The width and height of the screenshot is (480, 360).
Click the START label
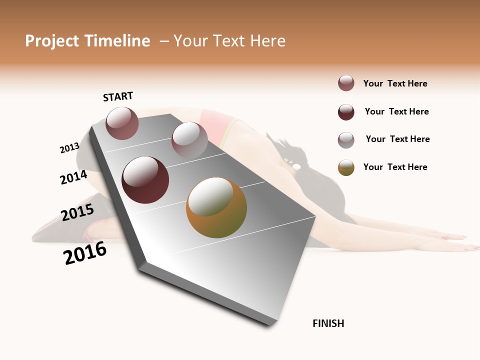pyautogui.click(x=118, y=96)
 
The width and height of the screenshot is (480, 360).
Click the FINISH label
pyautogui.click(x=328, y=323)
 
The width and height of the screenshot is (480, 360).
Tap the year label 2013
pyautogui.click(x=69, y=148)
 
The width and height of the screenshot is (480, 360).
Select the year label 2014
pyautogui.click(x=74, y=177)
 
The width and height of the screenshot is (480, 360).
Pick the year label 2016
pyautogui.click(x=85, y=253)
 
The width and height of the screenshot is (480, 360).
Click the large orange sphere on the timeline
pyautogui.click(x=216, y=207)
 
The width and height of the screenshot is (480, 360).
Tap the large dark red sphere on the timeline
pyautogui.click(x=145, y=180)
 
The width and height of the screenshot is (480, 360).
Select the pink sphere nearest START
pyautogui.click(x=122, y=123)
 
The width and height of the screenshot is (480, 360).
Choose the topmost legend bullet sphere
pyautogui.click(x=346, y=83)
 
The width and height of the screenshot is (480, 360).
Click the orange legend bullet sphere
pyautogui.click(x=346, y=167)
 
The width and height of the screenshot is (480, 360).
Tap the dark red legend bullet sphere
pyautogui.click(x=346, y=112)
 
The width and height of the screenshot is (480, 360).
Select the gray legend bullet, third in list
pyautogui.click(x=346, y=140)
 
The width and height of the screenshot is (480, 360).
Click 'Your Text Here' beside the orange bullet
pyautogui.click(x=395, y=167)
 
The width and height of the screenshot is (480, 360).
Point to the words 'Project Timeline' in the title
pyautogui.click(x=87, y=41)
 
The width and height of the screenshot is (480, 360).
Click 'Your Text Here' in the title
pyautogui.click(x=229, y=41)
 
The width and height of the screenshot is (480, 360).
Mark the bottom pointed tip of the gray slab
pyautogui.click(x=270, y=325)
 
